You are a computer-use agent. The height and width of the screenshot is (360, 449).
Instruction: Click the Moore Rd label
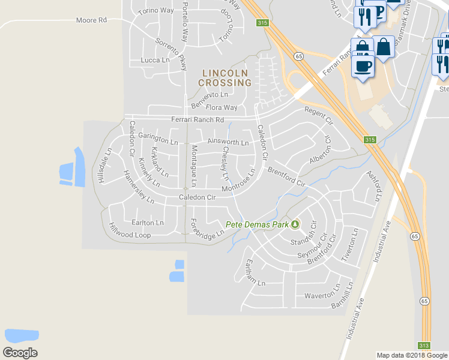tap(91, 20)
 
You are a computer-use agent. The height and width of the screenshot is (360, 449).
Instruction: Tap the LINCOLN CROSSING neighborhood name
tap(224, 77)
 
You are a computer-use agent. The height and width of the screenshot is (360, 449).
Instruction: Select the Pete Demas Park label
tap(258, 225)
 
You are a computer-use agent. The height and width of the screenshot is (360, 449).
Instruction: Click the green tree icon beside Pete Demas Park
tap(295, 224)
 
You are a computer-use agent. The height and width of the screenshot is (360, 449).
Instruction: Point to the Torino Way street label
tap(155, 11)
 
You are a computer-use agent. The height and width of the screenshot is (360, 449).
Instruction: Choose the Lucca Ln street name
tap(155, 60)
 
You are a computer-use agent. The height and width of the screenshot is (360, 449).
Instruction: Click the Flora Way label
tap(221, 108)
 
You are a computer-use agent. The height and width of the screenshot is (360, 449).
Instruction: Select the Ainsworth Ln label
tap(228, 142)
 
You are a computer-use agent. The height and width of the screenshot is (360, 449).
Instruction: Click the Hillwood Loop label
tap(130, 231)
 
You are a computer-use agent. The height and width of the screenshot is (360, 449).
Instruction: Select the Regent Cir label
tap(319, 115)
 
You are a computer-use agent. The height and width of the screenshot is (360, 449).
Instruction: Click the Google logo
tap(20, 352)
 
